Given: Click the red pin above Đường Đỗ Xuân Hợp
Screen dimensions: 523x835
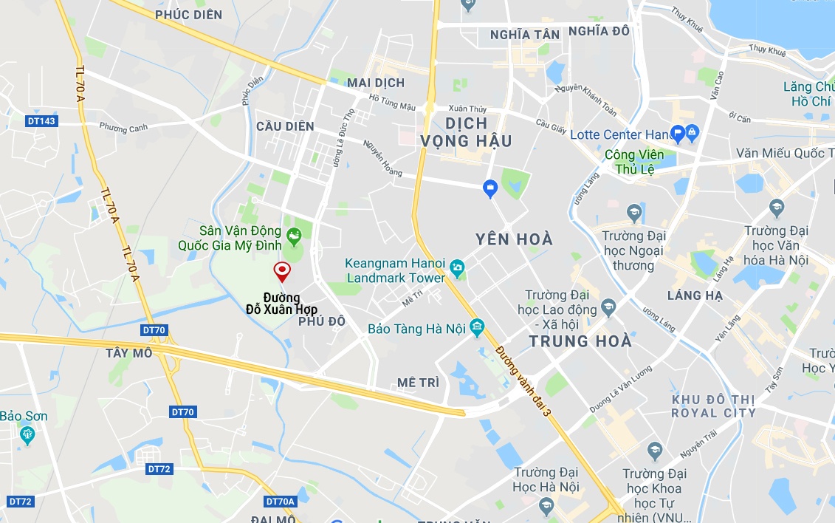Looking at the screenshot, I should (x=281, y=271).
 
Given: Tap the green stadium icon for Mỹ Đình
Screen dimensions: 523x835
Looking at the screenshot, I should (x=295, y=237).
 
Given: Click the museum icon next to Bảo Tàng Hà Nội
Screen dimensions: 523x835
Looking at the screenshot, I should (x=476, y=327).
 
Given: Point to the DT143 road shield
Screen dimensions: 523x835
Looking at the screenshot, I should (x=41, y=121).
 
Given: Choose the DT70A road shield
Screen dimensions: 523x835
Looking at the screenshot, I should (x=281, y=502).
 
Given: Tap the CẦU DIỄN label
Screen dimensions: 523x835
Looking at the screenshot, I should (x=285, y=126).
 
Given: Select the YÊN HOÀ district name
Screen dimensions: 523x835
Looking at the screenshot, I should (x=514, y=239).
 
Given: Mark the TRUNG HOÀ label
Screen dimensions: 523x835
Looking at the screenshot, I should (x=580, y=341).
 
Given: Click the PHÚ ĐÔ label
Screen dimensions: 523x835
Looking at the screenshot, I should (x=322, y=321).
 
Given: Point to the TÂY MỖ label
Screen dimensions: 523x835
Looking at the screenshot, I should (x=128, y=353).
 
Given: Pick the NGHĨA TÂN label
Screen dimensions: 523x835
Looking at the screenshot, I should (x=525, y=35).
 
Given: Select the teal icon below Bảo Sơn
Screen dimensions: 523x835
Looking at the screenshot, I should (x=27, y=434).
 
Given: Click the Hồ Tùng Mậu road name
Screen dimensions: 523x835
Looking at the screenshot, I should (x=392, y=103).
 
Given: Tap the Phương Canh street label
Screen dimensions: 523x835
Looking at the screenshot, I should (x=123, y=127).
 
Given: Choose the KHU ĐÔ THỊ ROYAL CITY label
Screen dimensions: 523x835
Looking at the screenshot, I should (x=713, y=406).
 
